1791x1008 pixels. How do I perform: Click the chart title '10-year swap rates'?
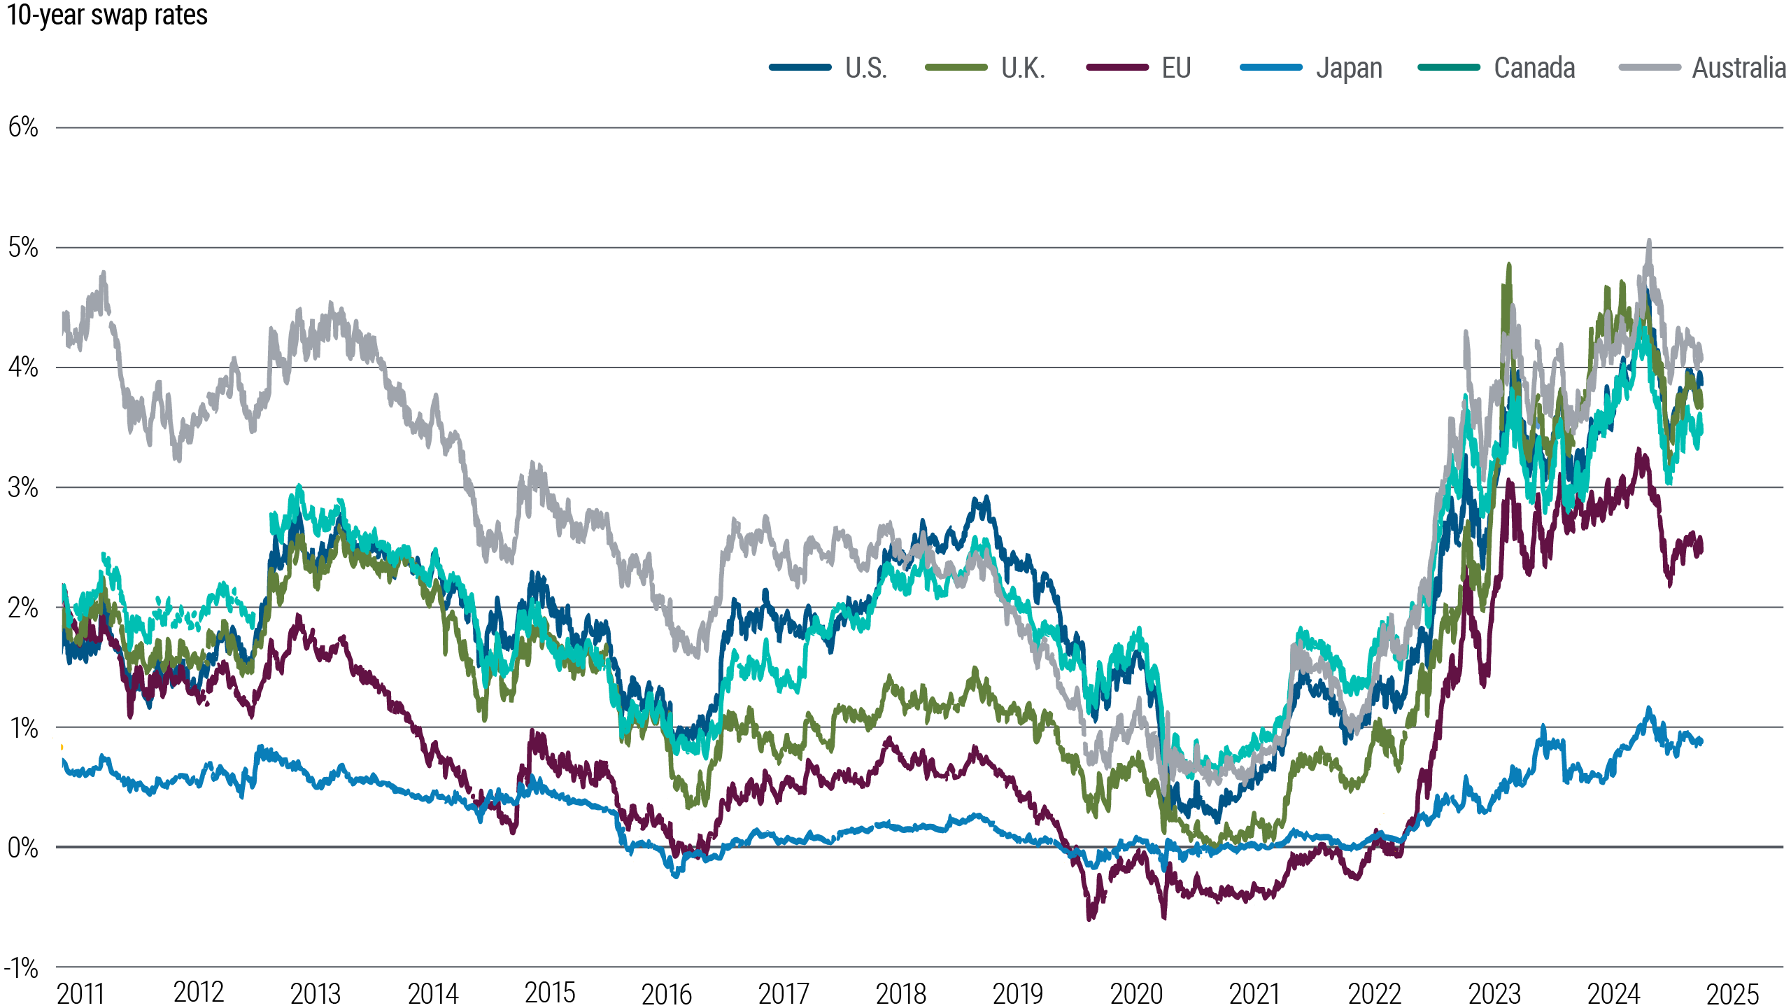coord(107,15)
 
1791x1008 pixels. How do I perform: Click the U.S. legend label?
coord(866,68)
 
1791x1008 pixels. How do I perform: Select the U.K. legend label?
coord(1023,68)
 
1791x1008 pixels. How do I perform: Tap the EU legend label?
coord(1176,68)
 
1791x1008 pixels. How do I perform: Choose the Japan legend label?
coord(1349,68)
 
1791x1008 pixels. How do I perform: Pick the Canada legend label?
coord(1534,68)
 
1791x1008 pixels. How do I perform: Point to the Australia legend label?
coord(1739,68)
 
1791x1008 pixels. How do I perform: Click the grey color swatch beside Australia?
coord(1650,68)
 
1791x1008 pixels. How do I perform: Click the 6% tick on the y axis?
coord(23,127)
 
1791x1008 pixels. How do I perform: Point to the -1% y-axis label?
coord(21,968)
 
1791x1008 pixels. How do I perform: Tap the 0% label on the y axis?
coord(23,848)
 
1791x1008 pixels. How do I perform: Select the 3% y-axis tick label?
coord(23,487)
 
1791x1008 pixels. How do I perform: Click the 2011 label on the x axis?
coord(80,993)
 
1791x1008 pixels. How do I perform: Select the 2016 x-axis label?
coord(666,993)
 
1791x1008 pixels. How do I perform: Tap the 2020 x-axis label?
coord(1136,993)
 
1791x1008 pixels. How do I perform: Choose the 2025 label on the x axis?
coord(1732,993)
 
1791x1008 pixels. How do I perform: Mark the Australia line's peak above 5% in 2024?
coord(1649,242)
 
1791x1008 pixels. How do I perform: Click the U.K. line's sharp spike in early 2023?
coord(1509,265)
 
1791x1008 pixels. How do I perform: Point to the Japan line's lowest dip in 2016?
coord(675,875)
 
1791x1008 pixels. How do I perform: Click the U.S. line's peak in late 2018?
coord(986,498)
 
